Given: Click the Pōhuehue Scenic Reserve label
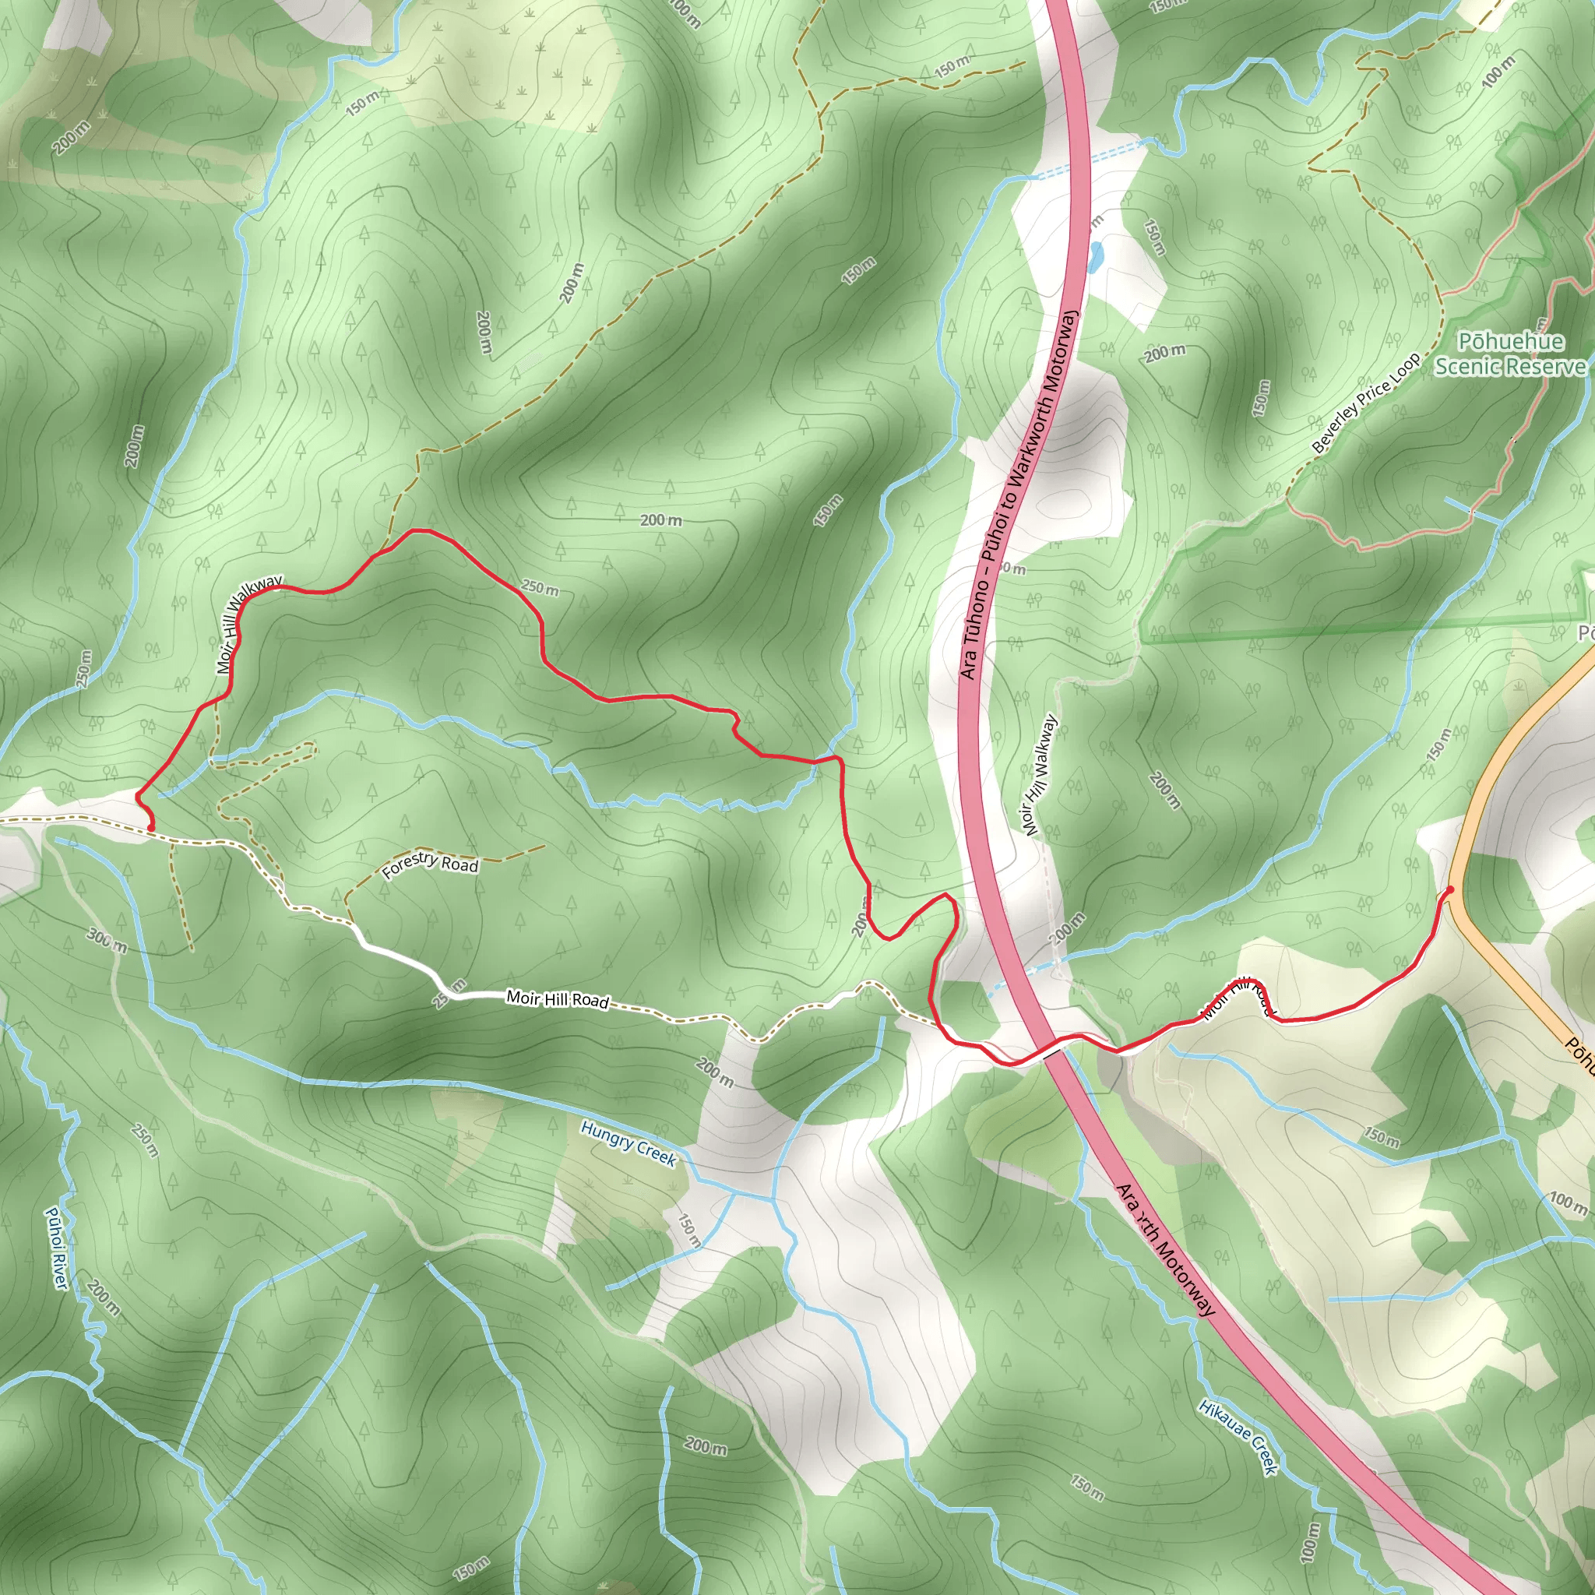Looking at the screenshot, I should point(1510,354).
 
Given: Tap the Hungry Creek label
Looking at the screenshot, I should point(628,1143).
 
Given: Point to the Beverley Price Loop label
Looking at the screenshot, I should point(1365,403).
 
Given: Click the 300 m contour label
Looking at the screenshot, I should point(107,939).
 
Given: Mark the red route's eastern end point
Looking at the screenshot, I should point(1449,889).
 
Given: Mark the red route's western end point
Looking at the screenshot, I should point(150,827).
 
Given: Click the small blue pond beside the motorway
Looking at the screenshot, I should point(1095,258).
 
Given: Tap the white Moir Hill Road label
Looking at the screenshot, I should point(558,1000).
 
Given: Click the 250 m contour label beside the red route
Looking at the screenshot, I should point(540,588).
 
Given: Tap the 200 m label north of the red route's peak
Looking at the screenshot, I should point(661,520).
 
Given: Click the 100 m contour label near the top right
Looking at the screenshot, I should point(1498,72).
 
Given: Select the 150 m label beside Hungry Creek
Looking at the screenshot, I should point(688,1229).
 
